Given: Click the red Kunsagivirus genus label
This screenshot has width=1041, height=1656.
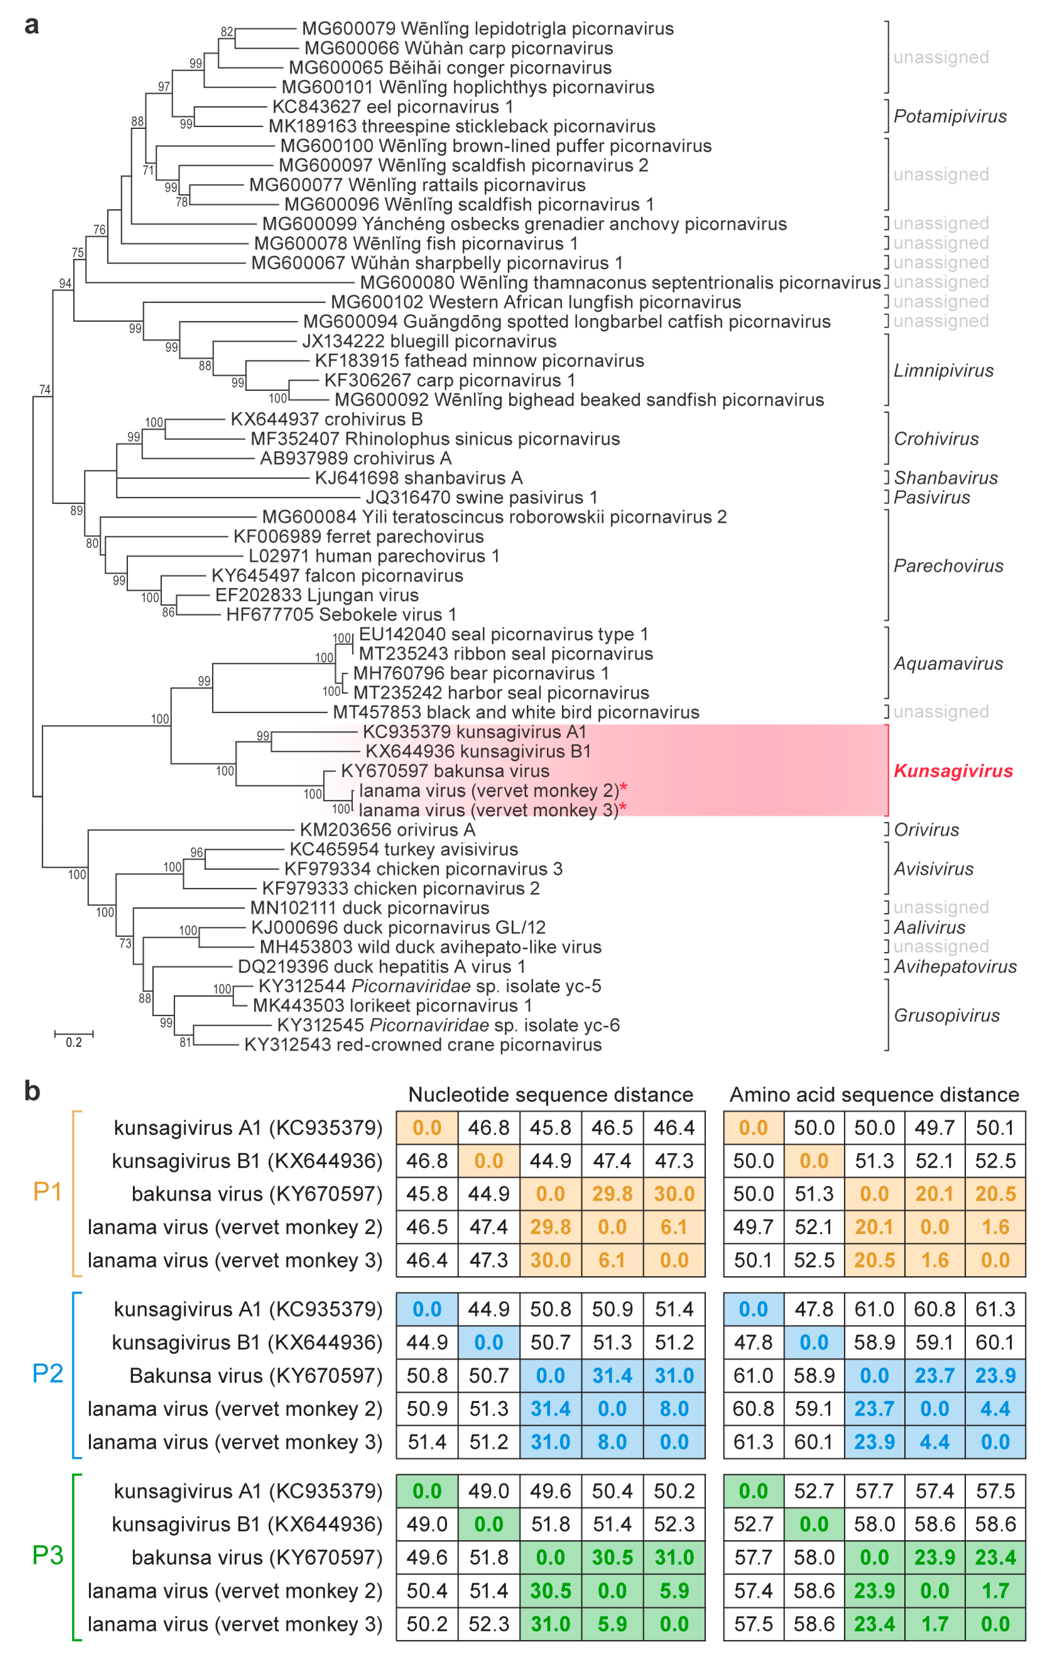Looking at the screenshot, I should point(952,771).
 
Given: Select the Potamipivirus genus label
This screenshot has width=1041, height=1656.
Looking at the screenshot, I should point(950,116).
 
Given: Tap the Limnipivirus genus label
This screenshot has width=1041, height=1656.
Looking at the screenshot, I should point(943,371).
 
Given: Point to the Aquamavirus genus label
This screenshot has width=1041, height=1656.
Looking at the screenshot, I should point(948,664).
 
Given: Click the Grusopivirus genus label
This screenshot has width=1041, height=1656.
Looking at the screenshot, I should point(946,1016).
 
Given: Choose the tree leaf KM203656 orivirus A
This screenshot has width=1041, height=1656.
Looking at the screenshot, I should point(387,830).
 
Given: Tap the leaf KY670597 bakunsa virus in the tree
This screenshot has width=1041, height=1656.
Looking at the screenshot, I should point(445,771).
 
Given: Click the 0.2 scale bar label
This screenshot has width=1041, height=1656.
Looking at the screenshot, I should point(74,1043).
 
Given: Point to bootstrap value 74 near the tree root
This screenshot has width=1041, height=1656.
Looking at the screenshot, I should point(45,390).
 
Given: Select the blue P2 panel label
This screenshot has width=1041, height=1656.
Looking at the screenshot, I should point(47,1373).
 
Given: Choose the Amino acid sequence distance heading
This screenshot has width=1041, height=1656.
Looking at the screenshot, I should point(874,1095).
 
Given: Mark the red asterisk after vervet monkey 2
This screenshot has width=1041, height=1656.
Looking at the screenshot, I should point(624,788).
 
